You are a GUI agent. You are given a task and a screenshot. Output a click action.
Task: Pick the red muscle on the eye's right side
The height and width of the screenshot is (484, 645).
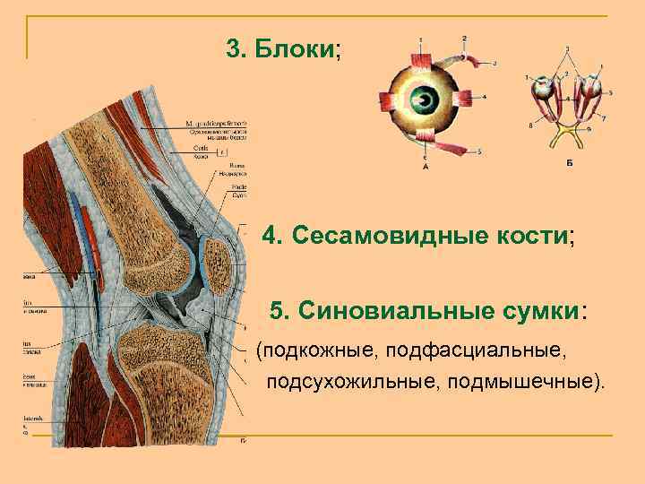click(464, 98)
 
